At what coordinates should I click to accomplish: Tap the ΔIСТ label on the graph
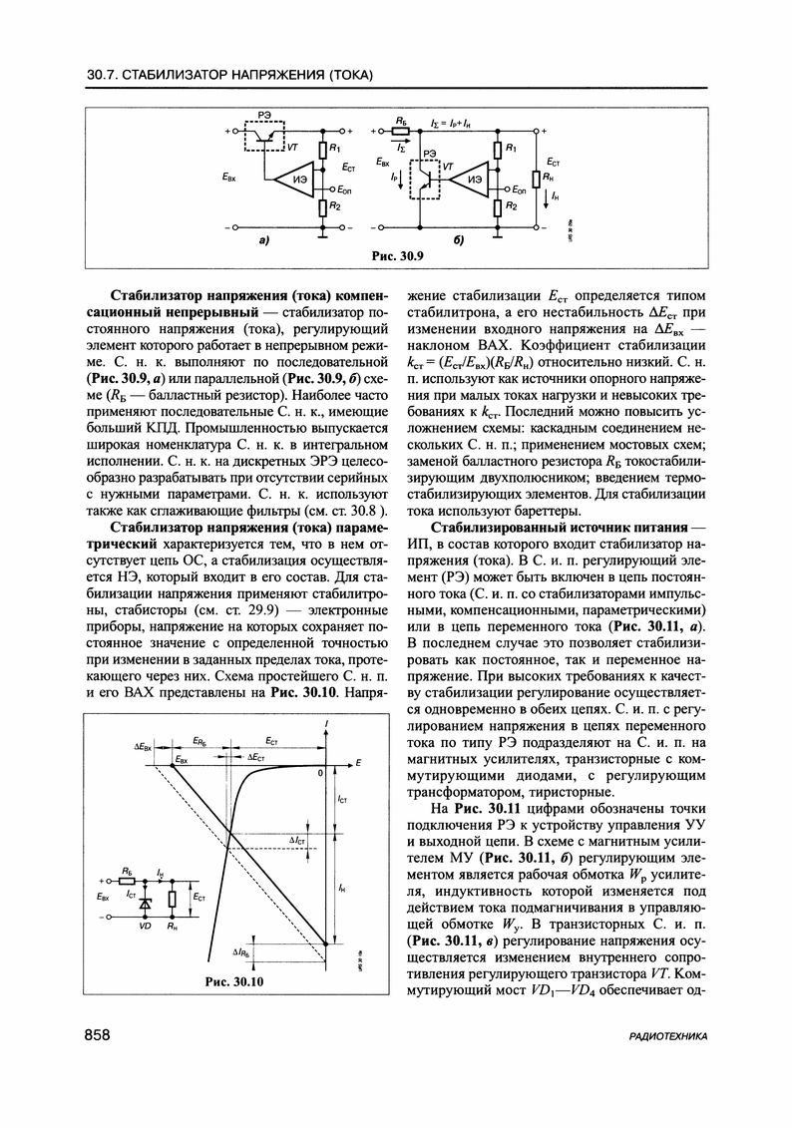click(298, 841)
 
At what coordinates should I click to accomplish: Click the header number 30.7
click(103, 76)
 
